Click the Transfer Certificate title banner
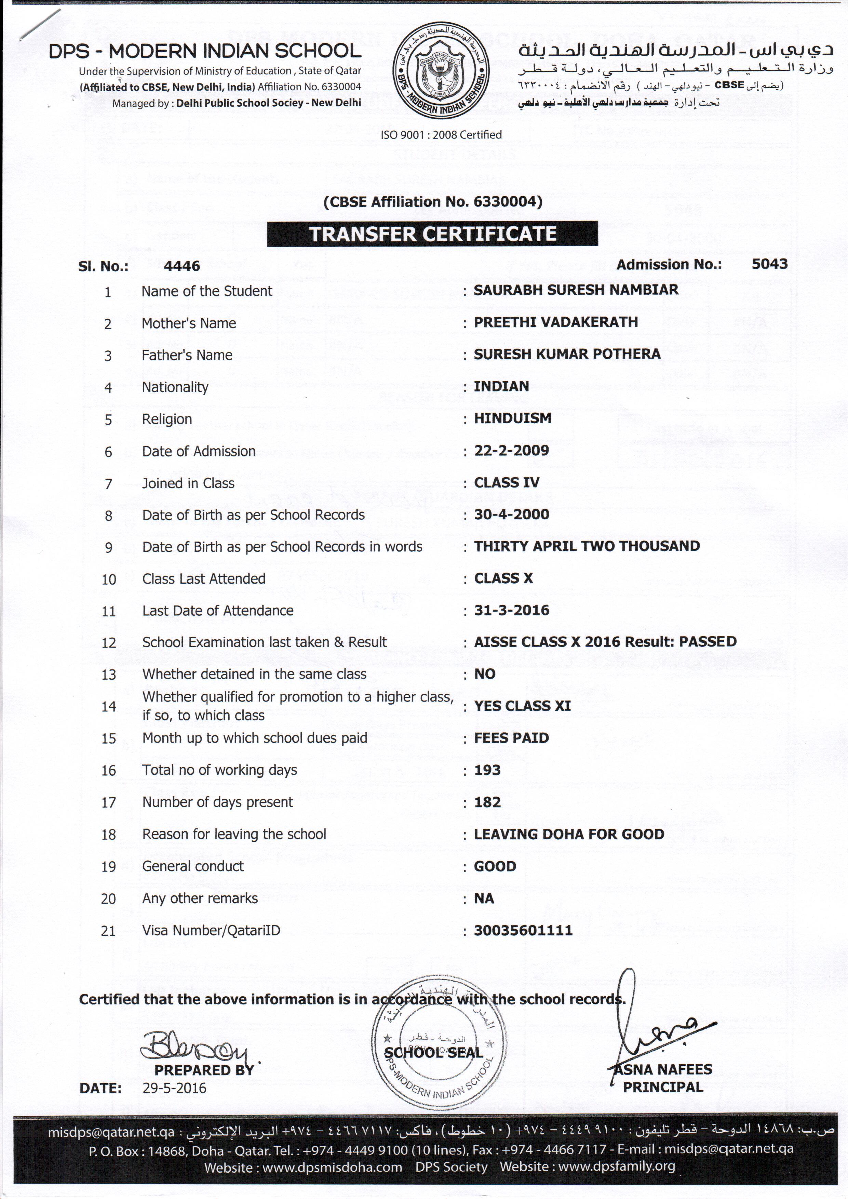[x=432, y=234]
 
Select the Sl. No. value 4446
[x=182, y=266]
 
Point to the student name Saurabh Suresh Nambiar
[x=576, y=290]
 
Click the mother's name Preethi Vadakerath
[x=555, y=322]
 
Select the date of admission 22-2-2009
[x=511, y=450]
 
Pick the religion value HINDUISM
[x=512, y=418]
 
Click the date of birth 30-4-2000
[x=511, y=515]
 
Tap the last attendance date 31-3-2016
[x=511, y=610]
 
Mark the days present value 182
[x=487, y=802]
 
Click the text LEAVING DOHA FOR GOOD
[x=569, y=834]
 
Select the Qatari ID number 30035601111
[x=523, y=930]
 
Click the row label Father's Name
[x=187, y=355]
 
